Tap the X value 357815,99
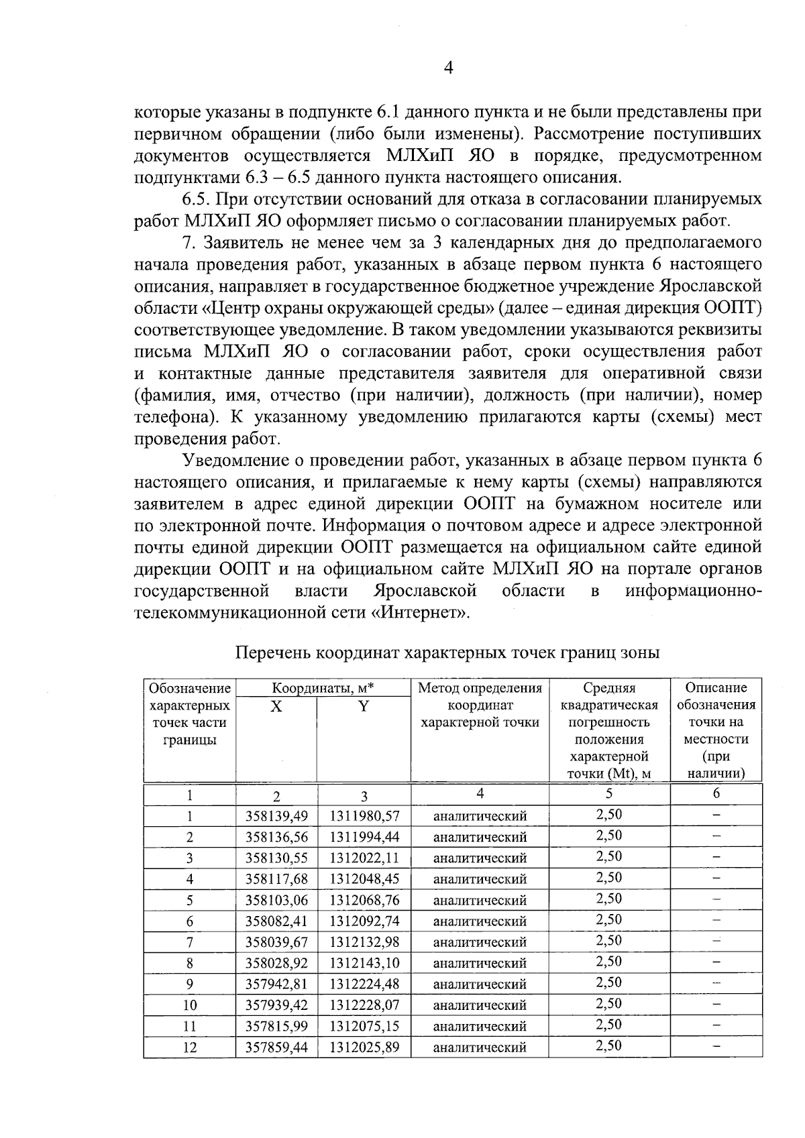[x=276, y=1026]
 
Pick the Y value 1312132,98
[x=364, y=942]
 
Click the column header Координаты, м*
[x=323, y=688]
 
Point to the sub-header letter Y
[x=363, y=706]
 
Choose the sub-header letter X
[x=276, y=706]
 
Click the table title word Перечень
[x=273, y=653]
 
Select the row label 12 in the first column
[x=190, y=1047]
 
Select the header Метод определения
[x=480, y=688]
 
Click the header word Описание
[x=716, y=688]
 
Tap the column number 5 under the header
[x=608, y=793]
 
